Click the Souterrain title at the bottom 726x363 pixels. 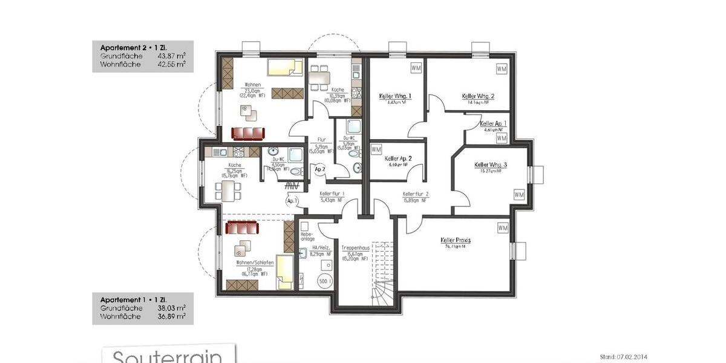(168, 356)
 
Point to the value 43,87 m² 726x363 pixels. (171, 56)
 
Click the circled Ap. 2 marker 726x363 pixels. (320, 169)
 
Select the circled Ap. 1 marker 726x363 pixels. (291, 200)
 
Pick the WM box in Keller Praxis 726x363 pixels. (503, 228)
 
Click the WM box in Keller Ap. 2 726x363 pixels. (376, 149)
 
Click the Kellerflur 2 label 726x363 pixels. (416, 194)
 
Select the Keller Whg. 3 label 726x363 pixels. (490, 165)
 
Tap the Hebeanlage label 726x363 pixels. (307, 235)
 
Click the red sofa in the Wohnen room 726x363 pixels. (248, 134)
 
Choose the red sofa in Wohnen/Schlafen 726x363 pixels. (242, 227)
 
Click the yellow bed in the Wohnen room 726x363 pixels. (285, 67)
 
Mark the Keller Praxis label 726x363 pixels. (456, 240)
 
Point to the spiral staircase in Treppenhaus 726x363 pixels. (382, 290)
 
